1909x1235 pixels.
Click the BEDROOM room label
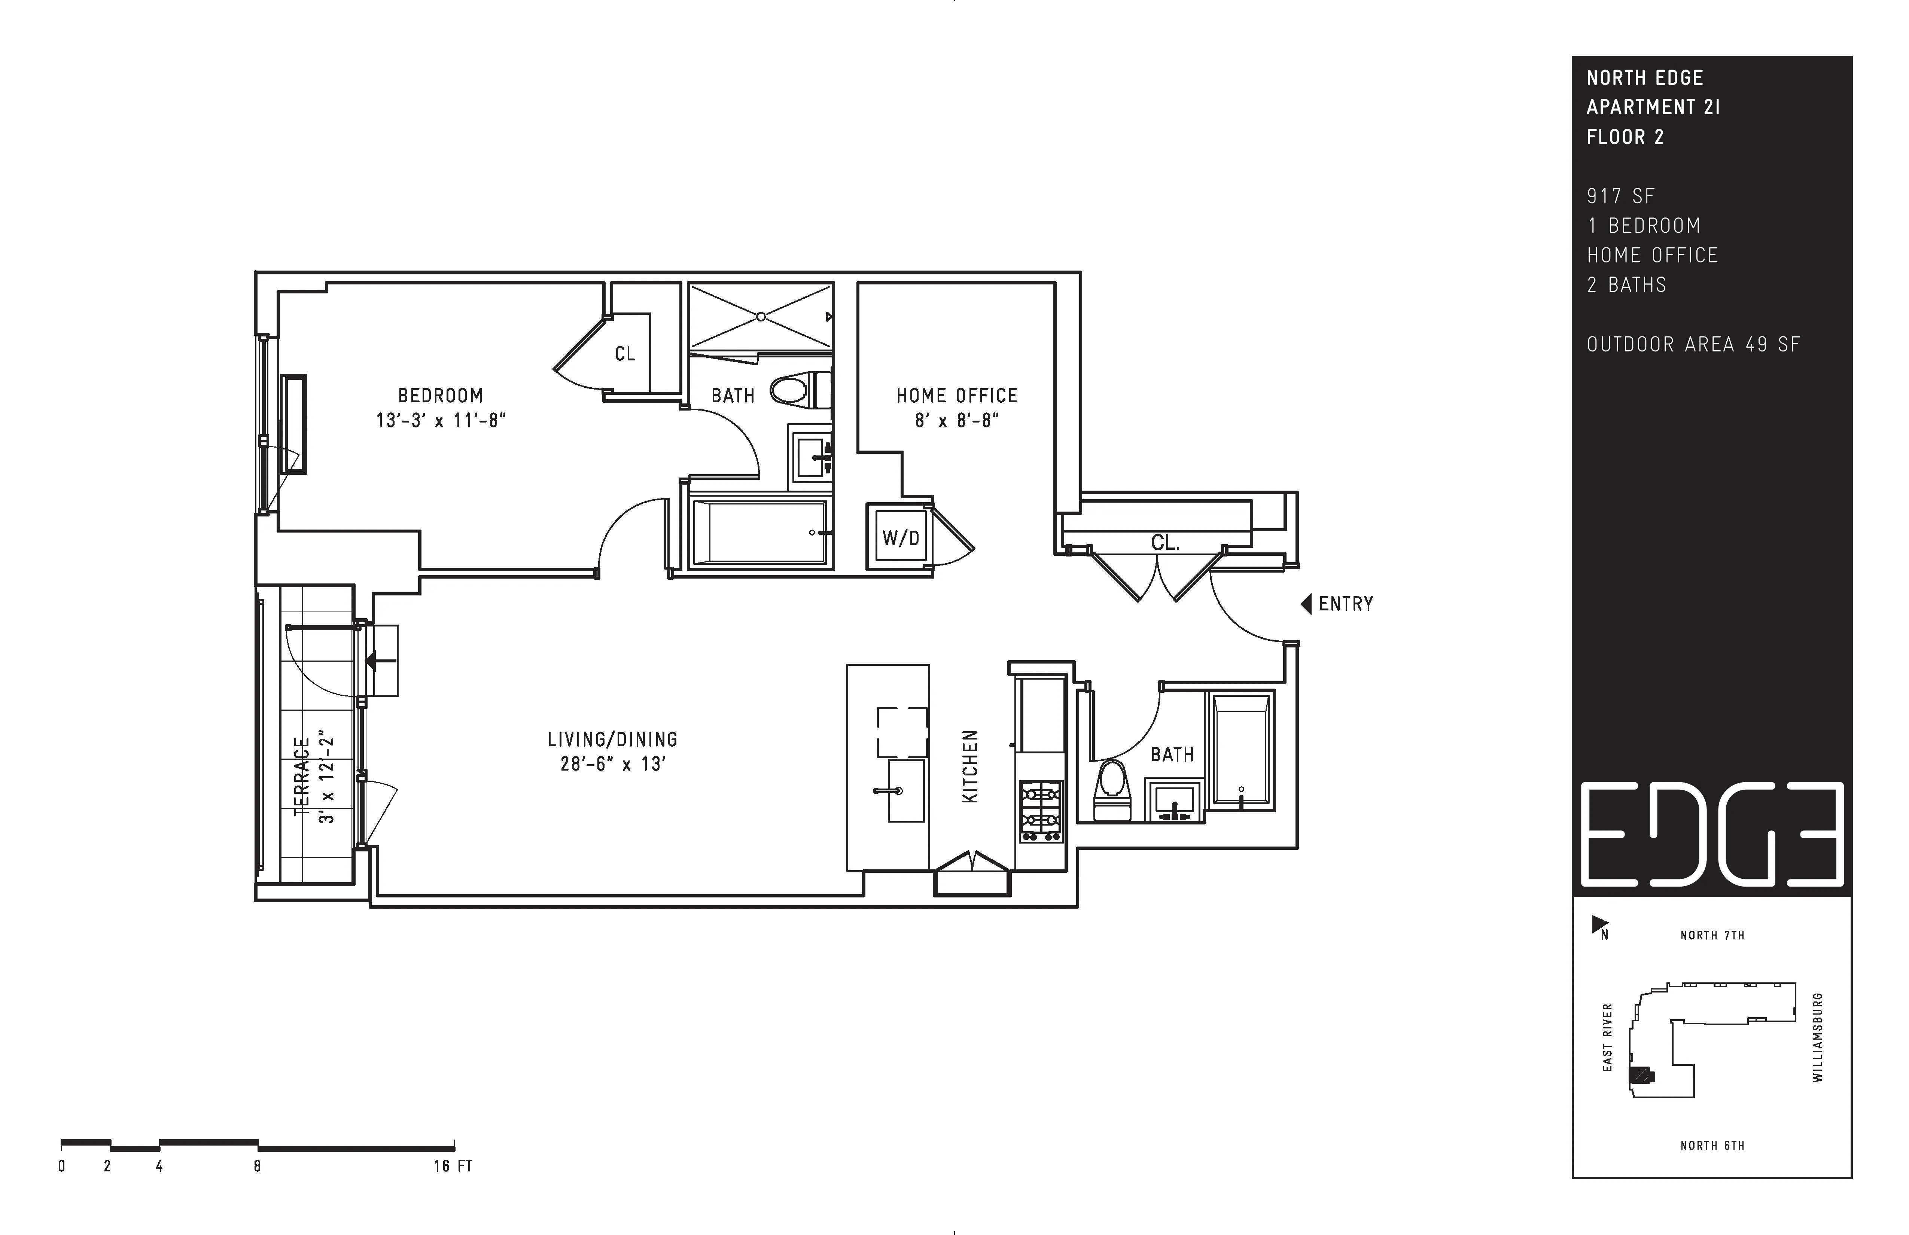pyautogui.click(x=440, y=395)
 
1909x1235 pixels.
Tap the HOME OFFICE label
pyautogui.click(x=957, y=395)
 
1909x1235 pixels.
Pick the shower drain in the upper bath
pyautogui.click(x=760, y=317)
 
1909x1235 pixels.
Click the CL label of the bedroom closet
pyautogui.click(x=625, y=354)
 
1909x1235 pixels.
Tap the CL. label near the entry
pyautogui.click(x=1164, y=543)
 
